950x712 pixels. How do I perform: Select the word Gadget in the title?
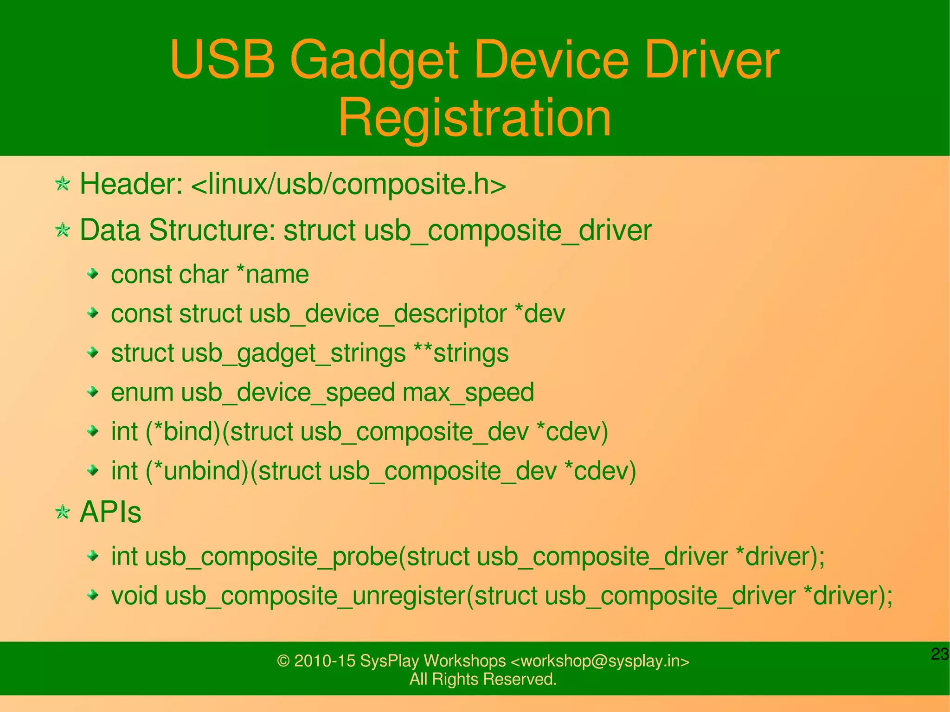point(374,60)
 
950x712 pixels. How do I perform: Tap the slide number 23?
point(939,654)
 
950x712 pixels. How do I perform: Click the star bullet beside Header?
point(63,184)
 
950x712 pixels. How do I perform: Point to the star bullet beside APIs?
point(63,513)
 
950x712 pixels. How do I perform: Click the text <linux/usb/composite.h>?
point(348,184)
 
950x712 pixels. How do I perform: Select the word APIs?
point(110,513)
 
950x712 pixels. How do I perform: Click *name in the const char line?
point(272,274)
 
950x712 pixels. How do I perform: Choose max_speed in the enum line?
point(469,392)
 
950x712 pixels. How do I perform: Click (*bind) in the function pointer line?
point(183,431)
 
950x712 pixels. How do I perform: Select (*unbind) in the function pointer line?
point(198,471)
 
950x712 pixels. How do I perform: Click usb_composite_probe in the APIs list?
point(271,556)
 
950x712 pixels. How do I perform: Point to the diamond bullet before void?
point(93,595)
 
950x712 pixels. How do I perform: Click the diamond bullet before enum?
point(93,392)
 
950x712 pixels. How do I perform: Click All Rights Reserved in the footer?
point(483,679)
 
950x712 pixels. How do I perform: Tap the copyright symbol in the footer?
point(283,661)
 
